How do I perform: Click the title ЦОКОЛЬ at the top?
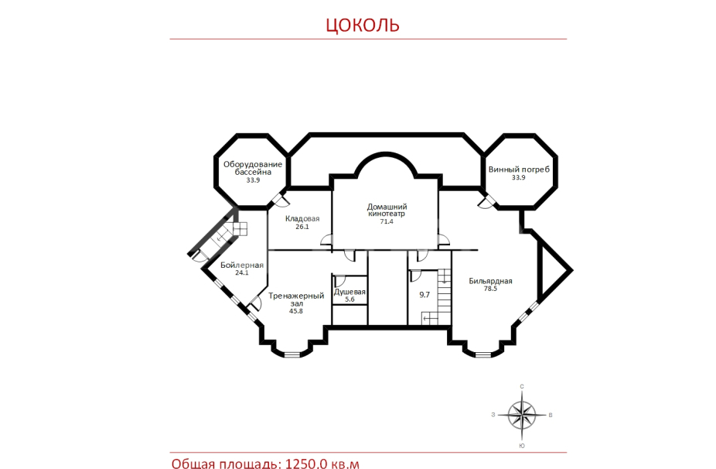pos(363,25)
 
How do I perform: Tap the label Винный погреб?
pos(519,169)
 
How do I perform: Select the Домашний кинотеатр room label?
pos(387,211)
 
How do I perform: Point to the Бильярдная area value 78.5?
pos(490,289)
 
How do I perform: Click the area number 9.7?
pos(424,295)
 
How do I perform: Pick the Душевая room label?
pos(349,292)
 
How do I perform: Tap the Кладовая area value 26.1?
pos(302,227)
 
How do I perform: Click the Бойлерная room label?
pos(242,265)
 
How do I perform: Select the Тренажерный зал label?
pos(296,300)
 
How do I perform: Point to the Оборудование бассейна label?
pos(253,168)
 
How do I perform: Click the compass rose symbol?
pos(522,415)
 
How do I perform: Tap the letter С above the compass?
pos(522,387)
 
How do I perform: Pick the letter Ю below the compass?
pos(522,446)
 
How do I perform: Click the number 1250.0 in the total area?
pos(306,464)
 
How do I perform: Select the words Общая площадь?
pos(227,464)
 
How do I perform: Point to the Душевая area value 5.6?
pos(349,300)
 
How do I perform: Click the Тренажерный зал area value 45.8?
pos(296,311)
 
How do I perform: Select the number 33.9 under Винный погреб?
pos(519,178)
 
